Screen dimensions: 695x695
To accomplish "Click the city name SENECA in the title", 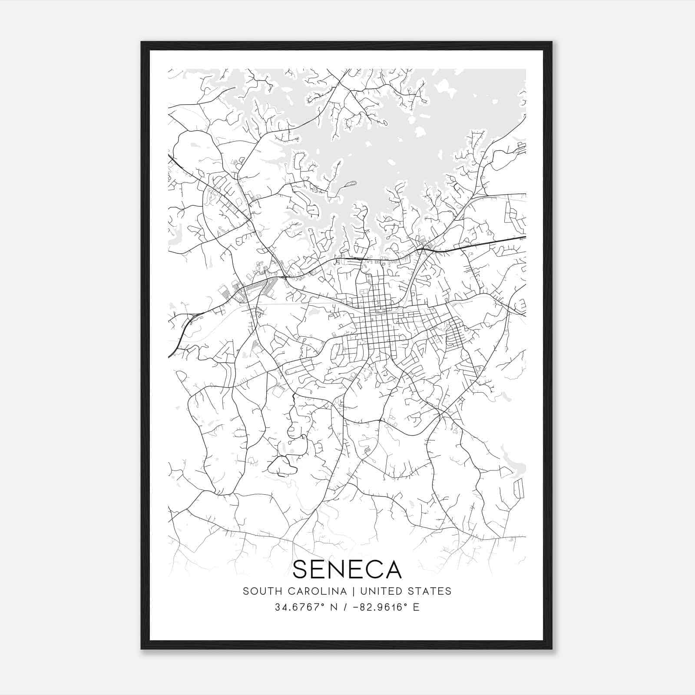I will click(x=347, y=569).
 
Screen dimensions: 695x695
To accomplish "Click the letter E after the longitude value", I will click(x=416, y=607).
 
